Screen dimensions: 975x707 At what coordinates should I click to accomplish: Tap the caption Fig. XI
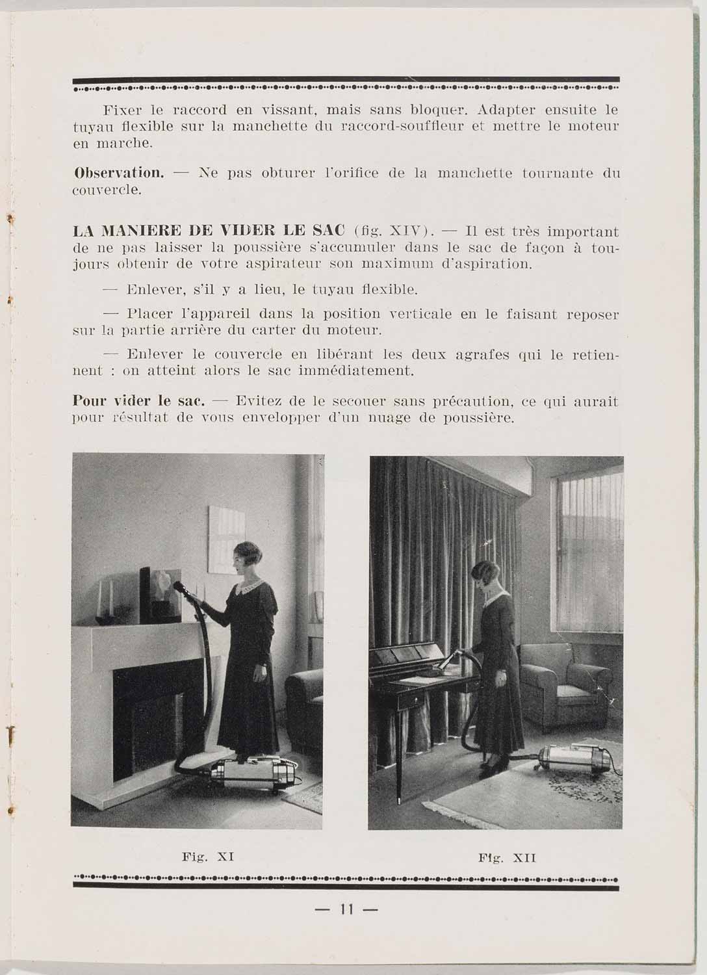pos(208,857)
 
